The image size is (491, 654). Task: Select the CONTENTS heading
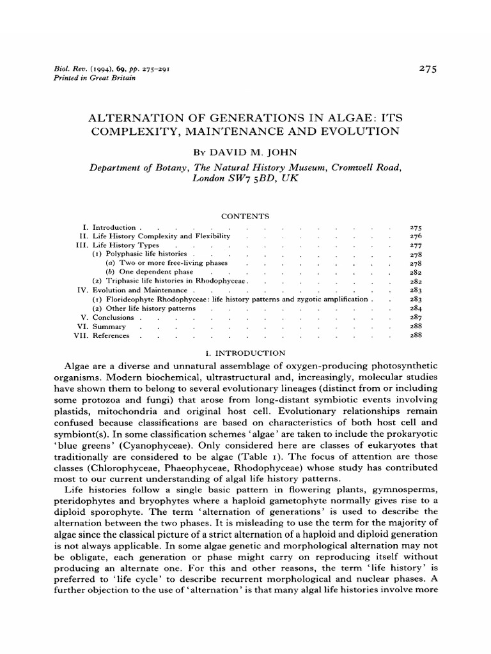[x=245, y=217]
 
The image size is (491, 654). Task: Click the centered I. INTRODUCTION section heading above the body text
[x=244, y=352]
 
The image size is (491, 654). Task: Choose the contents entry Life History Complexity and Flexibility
[x=161, y=236]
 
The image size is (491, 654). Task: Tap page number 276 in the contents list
[x=415, y=236]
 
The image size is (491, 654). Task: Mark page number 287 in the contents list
[x=415, y=317]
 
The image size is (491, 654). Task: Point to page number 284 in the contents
[x=415, y=308]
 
